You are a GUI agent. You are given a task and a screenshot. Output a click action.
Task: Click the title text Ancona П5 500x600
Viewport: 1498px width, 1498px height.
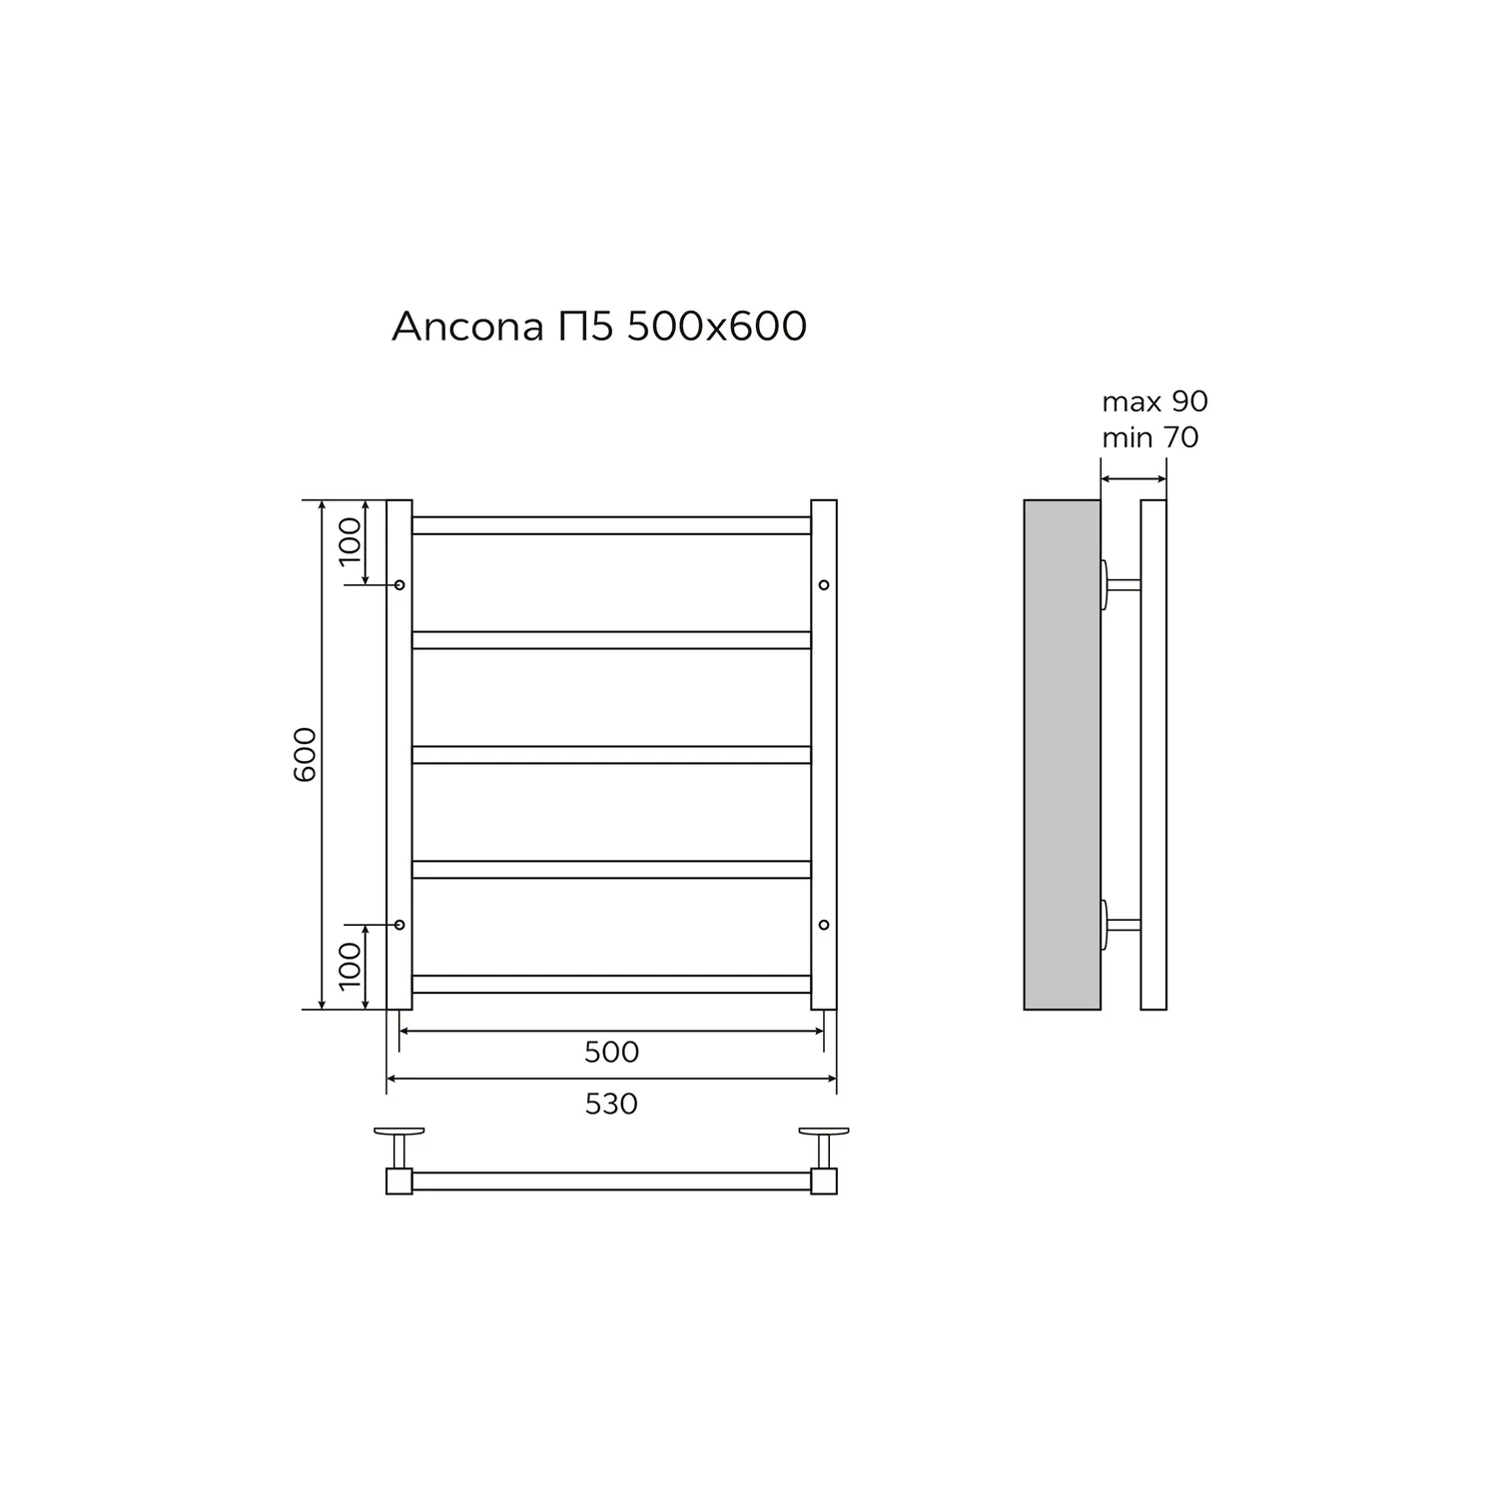coord(599,327)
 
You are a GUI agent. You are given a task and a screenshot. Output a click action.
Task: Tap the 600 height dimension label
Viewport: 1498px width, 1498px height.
coord(306,754)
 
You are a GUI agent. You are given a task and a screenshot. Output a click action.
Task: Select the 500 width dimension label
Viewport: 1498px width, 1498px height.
coord(611,1052)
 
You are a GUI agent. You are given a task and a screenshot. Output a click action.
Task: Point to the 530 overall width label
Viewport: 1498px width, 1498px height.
coord(611,1104)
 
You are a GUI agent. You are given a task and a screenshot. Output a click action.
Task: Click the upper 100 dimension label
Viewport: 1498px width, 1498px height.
coord(350,540)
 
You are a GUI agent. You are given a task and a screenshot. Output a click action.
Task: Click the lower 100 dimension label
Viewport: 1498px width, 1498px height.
coord(350,966)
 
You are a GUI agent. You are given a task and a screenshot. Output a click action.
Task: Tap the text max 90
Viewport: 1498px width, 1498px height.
coord(1154,401)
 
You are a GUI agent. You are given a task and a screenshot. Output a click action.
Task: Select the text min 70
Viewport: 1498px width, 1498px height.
coord(1150,437)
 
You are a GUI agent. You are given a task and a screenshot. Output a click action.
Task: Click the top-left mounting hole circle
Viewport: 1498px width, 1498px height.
coord(399,584)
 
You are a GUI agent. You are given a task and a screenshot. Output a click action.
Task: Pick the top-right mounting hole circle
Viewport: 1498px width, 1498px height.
coord(824,584)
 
